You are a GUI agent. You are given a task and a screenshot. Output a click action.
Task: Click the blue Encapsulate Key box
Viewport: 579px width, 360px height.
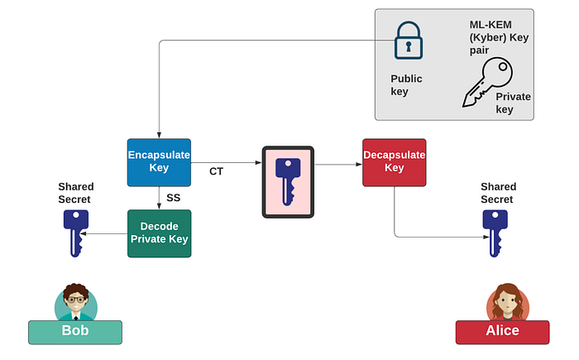tap(159, 163)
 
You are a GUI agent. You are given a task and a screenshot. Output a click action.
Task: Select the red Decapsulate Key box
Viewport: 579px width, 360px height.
tap(395, 163)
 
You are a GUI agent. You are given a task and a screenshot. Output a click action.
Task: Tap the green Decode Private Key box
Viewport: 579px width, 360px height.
tap(159, 233)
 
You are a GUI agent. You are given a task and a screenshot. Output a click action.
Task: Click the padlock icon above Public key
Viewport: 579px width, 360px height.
tap(409, 41)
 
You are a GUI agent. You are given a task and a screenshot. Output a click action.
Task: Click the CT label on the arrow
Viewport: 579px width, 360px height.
tap(217, 171)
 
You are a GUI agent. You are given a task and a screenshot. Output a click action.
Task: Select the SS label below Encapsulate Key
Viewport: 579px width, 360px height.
tap(173, 198)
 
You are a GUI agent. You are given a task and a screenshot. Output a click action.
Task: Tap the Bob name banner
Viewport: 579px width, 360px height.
tap(75, 333)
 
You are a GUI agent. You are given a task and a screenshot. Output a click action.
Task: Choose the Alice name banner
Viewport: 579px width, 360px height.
tap(503, 333)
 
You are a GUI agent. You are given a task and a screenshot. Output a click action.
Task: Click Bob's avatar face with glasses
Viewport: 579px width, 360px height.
tap(76, 299)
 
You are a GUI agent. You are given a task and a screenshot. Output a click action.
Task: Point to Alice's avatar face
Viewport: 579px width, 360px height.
tap(508, 301)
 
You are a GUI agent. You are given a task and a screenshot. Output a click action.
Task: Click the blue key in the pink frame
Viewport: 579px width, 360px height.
tap(288, 182)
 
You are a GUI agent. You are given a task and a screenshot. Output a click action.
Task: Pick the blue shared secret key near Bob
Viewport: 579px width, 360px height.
tap(76, 233)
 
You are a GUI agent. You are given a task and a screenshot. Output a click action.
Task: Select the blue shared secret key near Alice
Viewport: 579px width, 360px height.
tap(495, 233)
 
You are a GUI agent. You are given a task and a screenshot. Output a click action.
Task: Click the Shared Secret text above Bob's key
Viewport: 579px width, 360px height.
tap(76, 193)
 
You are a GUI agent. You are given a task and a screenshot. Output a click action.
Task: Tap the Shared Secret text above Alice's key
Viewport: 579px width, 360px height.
tap(499, 193)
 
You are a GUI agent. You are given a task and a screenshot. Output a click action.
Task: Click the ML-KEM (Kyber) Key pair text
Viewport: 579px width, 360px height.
tap(499, 37)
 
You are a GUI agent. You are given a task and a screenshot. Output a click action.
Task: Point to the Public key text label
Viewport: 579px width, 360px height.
tap(406, 85)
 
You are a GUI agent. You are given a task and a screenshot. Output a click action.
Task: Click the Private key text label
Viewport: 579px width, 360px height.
tap(514, 103)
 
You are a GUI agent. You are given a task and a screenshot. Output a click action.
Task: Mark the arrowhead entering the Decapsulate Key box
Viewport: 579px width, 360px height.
tap(359, 164)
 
